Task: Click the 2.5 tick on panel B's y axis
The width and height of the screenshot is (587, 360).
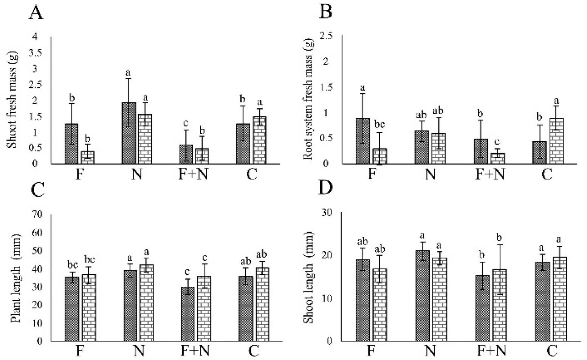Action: tap(326, 36)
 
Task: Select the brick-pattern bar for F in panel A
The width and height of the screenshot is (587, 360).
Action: tap(88, 157)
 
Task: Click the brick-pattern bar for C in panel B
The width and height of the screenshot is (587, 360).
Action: tap(556, 141)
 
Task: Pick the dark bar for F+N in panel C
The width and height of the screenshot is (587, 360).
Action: tap(187, 314)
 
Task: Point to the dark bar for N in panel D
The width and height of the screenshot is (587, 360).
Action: tap(423, 295)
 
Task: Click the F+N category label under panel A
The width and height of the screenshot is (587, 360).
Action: tap(193, 175)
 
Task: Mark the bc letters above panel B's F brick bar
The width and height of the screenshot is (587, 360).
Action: tap(379, 124)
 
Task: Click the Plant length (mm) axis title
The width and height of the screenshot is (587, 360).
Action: tap(15, 278)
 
